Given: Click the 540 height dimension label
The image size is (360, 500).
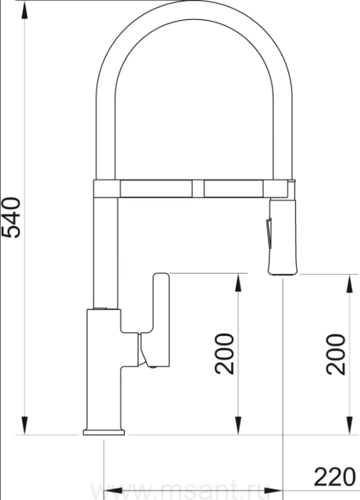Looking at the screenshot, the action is point(11,218).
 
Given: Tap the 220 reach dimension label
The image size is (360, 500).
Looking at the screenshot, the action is point(334,477).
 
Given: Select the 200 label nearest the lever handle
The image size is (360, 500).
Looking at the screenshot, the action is point(224,354).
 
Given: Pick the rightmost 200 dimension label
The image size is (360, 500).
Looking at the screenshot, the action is point(336,354).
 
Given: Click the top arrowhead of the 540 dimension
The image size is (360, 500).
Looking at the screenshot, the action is point(24,12).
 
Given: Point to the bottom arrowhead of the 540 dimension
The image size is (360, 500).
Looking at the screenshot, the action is point(24,426).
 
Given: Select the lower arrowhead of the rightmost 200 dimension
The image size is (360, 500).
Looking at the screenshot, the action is point(350,426).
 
